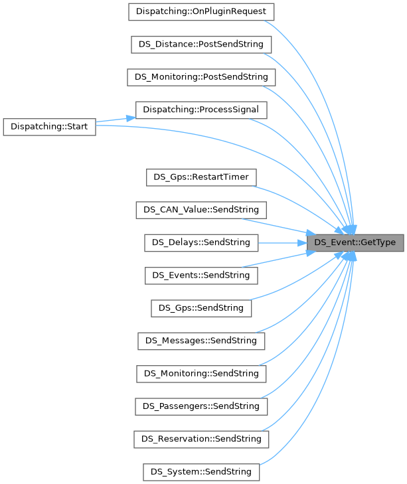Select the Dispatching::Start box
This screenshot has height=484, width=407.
coord(50,126)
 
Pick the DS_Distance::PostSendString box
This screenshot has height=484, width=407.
coord(201,44)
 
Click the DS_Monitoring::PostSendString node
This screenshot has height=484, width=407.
coord(201,77)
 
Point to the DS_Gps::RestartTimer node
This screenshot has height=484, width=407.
coord(201,177)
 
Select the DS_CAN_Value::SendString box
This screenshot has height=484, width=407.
coord(201,210)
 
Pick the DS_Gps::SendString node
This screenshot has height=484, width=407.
coord(201,308)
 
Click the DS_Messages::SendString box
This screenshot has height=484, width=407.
coord(201,341)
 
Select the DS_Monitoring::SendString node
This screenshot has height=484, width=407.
coord(201,373)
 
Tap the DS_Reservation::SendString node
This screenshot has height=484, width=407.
coord(201,439)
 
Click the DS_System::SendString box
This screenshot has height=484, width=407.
coord(201,471)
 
